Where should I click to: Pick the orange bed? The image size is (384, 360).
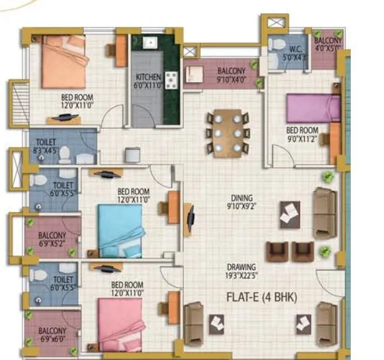coord(64,61)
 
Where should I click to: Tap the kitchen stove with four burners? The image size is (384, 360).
coord(172,79)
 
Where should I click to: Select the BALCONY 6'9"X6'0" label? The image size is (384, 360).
coord(52,335)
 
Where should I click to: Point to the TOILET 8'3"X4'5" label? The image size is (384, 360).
coord(48,146)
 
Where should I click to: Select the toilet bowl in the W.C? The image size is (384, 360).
coord(277,45)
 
